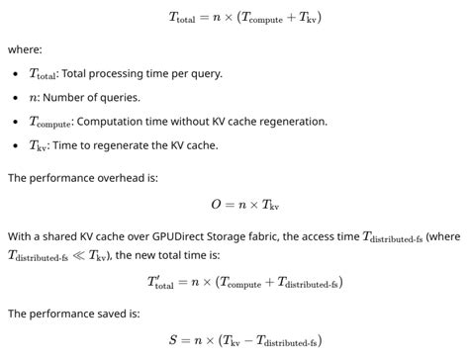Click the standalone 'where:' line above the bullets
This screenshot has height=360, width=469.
pyautogui.click(x=25, y=48)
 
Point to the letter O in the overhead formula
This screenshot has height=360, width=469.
pyautogui.click(x=217, y=205)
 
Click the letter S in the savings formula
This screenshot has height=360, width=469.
pyautogui.click(x=173, y=341)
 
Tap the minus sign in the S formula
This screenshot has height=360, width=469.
pyautogui.click(x=249, y=341)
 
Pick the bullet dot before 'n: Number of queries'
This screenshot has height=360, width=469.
pyautogui.click(x=18, y=98)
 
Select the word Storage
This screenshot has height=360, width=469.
pyautogui.click(x=220, y=236)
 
